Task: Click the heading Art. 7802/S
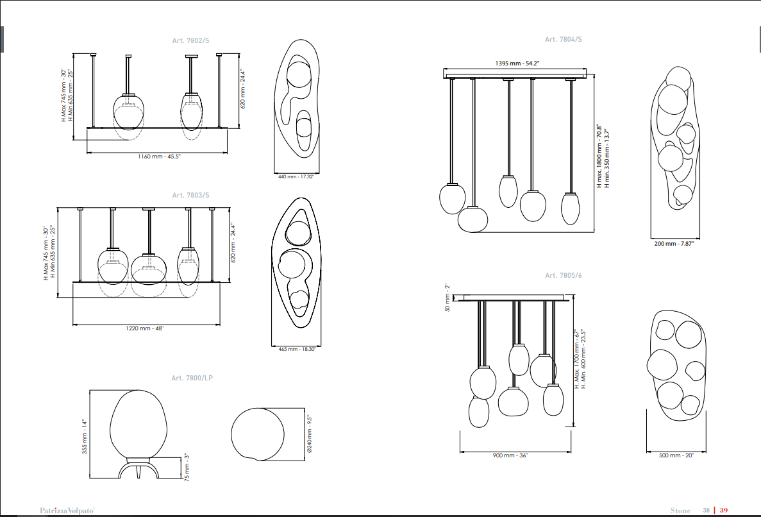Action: coord(191,41)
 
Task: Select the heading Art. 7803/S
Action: coord(191,195)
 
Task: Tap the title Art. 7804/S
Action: coord(564,39)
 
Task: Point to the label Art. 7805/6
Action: coord(564,275)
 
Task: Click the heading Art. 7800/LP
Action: coord(192,378)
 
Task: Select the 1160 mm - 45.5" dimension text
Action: coord(159,157)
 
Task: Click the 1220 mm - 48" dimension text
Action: coord(145,328)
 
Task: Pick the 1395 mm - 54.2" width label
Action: coord(517,63)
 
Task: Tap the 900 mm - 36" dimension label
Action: coord(510,456)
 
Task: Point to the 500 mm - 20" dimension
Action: coord(676,456)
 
